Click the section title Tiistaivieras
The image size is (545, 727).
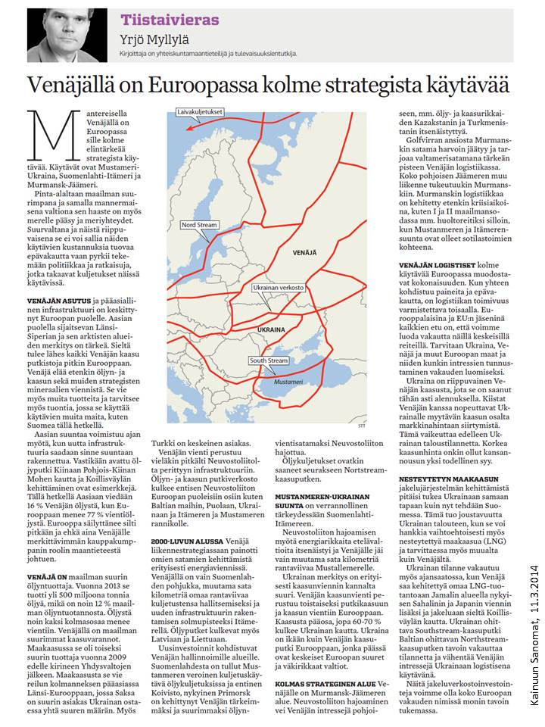[x=170, y=20]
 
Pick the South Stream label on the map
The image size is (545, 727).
[x=269, y=360]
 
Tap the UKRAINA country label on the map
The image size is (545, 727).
[x=272, y=331]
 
